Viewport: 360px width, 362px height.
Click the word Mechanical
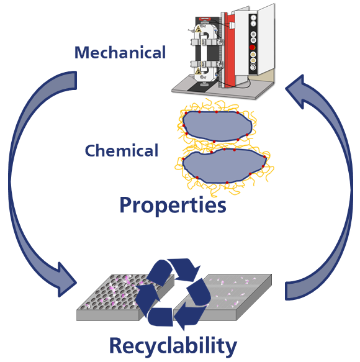[120, 52]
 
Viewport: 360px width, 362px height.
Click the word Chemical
[122, 150]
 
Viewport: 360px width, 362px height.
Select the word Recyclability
[173, 346]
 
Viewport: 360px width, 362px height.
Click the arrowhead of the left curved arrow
[66, 280]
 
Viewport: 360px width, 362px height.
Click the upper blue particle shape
[217, 126]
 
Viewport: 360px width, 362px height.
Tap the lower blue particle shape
[224, 166]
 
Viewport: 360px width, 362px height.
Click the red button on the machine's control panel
[253, 48]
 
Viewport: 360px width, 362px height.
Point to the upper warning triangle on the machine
[198, 30]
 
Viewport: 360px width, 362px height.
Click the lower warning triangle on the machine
[198, 71]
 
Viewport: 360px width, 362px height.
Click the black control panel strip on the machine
[253, 44]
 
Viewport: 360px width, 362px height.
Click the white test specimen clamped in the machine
[204, 53]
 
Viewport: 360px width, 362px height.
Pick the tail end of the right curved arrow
[291, 291]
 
